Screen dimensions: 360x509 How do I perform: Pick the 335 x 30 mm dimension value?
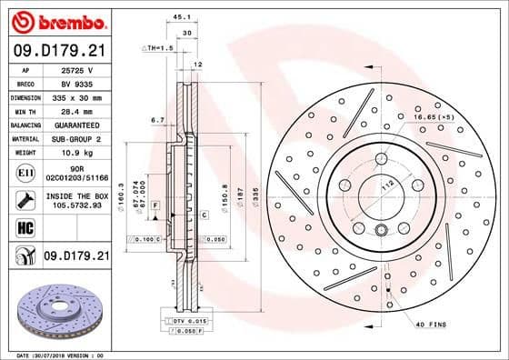coord(75,95)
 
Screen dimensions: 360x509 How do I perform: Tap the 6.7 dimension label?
coord(157,119)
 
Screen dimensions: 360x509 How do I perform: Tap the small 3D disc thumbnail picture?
coord(55,310)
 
